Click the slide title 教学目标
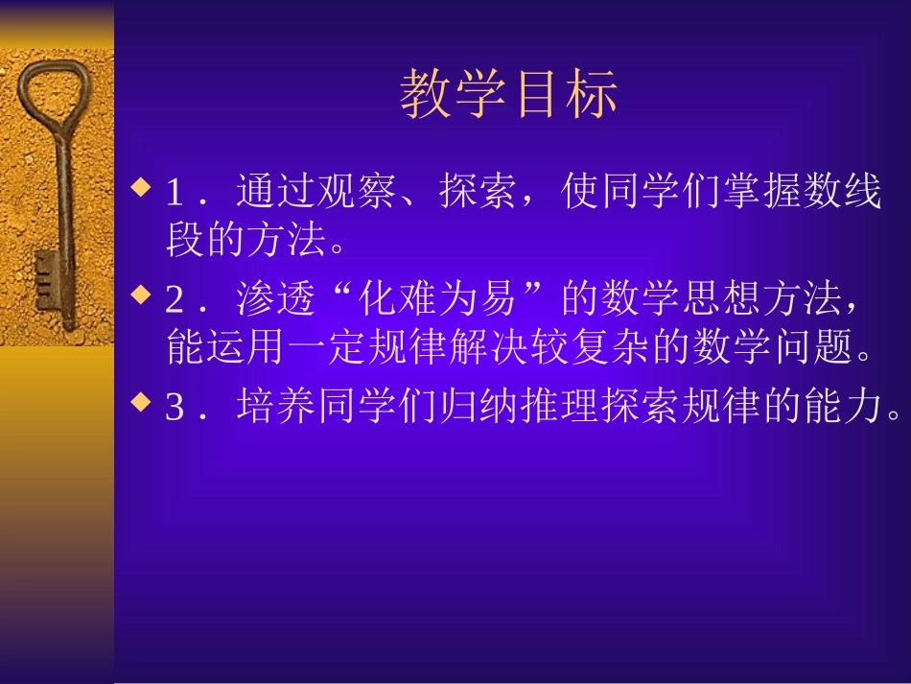coord(508,94)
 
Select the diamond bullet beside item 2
coord(141,294)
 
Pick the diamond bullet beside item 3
coord(141,402)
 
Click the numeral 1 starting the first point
coord(175,194)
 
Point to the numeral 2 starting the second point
coord(175,302)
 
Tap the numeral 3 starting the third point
coord(175,410)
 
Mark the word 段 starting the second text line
coord(186,240)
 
